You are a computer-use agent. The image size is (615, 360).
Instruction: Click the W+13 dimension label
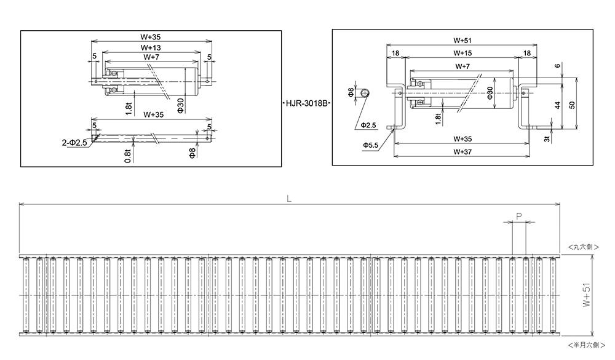151,47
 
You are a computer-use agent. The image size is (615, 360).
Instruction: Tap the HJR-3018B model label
306,104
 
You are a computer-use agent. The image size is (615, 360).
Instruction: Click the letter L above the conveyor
288,199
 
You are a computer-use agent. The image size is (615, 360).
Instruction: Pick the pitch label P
518,216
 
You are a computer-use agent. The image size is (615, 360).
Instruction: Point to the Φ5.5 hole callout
370,145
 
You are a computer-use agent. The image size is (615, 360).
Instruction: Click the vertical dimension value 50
572,105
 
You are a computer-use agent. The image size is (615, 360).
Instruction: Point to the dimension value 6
556,66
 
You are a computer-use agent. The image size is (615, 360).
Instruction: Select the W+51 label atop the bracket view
462,41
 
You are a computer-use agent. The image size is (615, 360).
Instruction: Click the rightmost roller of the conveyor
552,296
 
